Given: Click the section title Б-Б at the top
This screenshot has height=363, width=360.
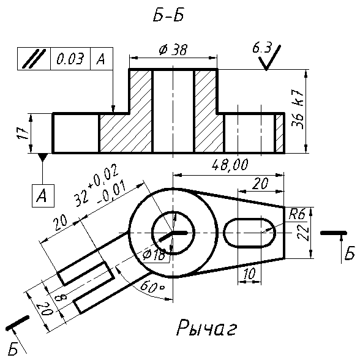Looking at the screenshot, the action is pyautogui.click(x=169, y=16).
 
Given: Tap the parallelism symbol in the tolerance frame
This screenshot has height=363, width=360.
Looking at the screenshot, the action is pyautogui.click(x=34, y=59).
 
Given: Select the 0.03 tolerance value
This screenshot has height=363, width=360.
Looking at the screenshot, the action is pyautogui.click(x=70, y=59).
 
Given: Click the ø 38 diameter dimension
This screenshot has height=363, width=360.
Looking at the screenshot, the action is pyautogui.click(x=173, y=50).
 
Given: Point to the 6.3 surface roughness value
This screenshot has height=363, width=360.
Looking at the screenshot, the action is pyautogui.click(x=262, y=48).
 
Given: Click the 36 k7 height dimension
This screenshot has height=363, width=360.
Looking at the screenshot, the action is pyautogui.click(x=298, y=110).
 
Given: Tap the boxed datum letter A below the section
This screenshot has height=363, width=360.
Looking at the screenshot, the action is pyautogui.click(x=43, y=196).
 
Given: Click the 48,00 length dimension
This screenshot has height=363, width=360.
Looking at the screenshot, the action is pyautogui.click(x=230, y=165).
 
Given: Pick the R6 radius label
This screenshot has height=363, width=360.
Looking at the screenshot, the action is pyautogui.click(x=298, y=214).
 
